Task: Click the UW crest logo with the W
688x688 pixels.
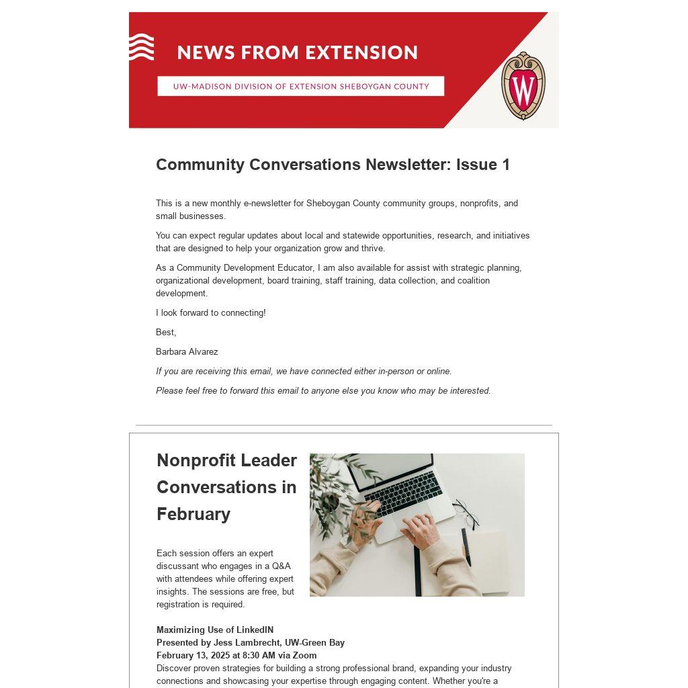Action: point(523,86)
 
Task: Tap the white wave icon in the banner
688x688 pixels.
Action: point(141,47)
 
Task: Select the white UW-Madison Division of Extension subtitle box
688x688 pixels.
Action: point(300,86)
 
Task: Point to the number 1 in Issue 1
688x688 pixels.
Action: point(506,165)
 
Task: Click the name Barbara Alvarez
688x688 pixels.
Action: point(187,351)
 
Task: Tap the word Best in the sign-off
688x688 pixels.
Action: point(165,332)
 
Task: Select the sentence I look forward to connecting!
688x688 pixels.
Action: point(210,312)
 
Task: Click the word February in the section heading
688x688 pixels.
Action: point(193,514)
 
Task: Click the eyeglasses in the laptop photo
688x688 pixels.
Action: point(466,514)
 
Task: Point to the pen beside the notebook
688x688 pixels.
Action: point(466,546)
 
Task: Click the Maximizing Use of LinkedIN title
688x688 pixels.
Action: point(215,630)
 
